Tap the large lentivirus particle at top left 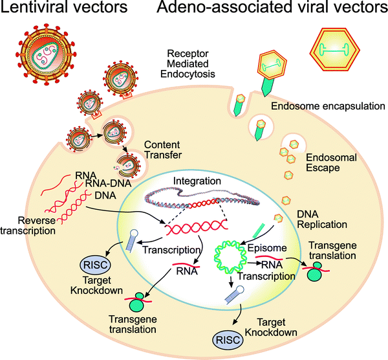coord(45,58)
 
